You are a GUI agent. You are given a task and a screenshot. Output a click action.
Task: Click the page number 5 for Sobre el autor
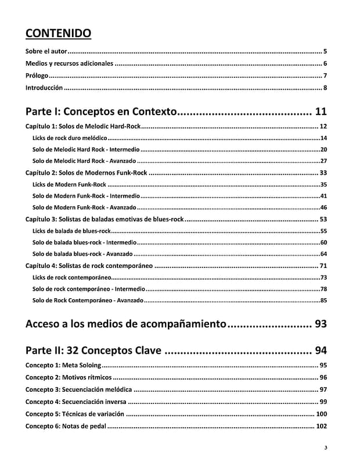point(325,52)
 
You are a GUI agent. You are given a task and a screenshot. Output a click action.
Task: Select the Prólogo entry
point(37,76)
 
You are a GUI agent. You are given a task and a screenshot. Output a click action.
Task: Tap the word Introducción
point(44,88)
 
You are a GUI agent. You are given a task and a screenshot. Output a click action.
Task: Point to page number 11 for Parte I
point(321,111)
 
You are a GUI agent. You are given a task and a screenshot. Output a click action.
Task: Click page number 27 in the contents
point(323,161)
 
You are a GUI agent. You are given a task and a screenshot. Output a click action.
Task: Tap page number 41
point(323,196)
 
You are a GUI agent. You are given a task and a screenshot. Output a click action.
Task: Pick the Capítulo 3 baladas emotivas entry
point(105,219)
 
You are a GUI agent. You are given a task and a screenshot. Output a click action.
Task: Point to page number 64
point(323,254)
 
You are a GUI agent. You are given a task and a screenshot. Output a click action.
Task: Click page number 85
point(323,301)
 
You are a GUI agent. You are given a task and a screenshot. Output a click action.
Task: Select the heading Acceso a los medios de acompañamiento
point(125,324)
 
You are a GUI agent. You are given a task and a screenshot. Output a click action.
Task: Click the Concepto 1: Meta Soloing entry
point(63,365)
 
